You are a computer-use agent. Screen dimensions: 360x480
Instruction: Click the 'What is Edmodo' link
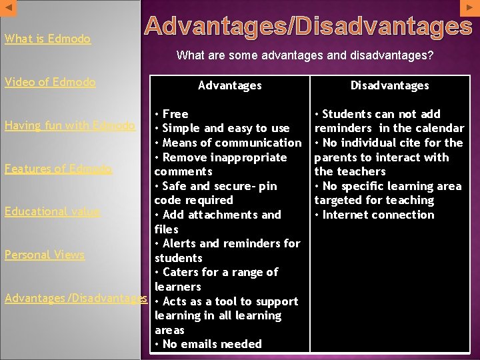(47, 39)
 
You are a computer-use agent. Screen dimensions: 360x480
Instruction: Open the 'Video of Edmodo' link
(50, 82)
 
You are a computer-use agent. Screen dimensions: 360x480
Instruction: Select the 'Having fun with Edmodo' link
(70, 125)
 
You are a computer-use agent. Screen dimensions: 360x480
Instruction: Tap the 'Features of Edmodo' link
(58, 169)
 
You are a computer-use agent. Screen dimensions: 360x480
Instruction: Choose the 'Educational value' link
(52, 211)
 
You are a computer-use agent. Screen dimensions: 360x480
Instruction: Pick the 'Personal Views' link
(45, 255)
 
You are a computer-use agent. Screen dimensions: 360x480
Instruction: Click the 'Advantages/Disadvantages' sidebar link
(75, 298)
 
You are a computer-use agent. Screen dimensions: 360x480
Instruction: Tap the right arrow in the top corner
(469, 7)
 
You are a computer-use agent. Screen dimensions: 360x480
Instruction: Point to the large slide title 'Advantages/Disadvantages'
(308, 27)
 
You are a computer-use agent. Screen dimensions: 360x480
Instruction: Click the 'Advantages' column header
(230, 85)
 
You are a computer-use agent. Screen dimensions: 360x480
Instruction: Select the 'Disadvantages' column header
(390, 85)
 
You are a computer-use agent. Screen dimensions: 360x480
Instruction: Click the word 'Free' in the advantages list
(175, 114)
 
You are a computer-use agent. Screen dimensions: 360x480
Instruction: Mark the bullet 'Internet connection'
(377, 215)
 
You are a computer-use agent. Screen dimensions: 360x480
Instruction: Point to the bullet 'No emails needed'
(211, 344)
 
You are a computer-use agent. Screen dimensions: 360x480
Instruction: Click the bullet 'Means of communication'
(231, 143)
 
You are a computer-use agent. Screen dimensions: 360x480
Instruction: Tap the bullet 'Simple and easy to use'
(225, 128)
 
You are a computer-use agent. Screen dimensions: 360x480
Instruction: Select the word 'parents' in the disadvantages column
(337, 157)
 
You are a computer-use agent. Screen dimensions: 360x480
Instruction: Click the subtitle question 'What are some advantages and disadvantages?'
(305, 55)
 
